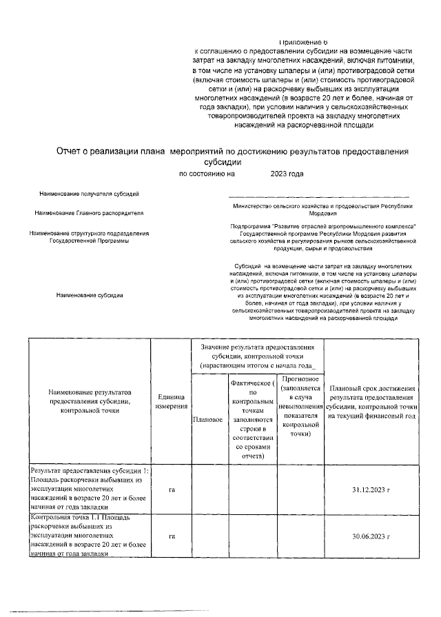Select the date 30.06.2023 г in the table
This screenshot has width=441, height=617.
tap(371, 536)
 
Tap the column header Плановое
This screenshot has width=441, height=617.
tap(208, 418)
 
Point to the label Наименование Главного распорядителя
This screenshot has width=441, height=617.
tap(90, 214)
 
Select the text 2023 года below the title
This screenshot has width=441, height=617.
tap(287, 175)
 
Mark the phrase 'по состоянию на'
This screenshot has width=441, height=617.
tap(207, 175)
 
